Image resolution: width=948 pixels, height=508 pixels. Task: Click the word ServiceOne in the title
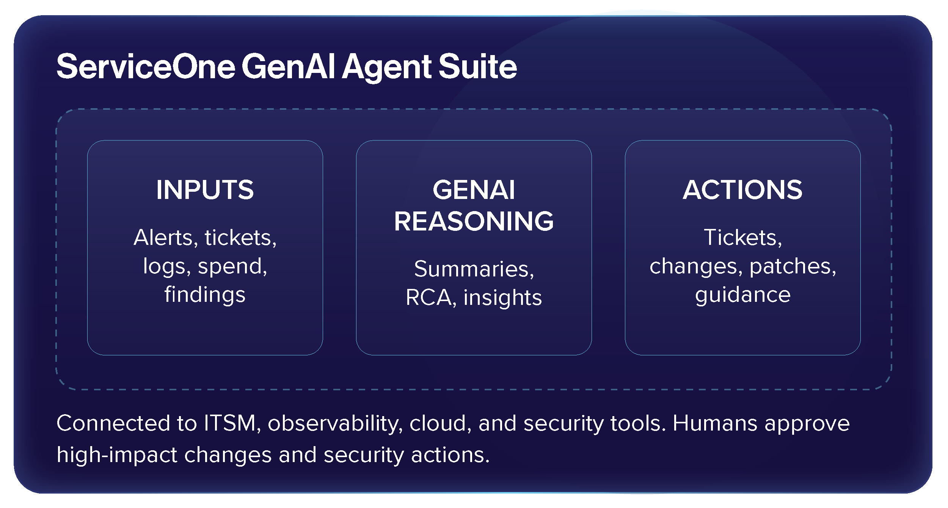(146, 66)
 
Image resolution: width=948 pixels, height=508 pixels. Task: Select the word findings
(205, 295)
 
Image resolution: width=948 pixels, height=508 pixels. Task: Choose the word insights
(502, 297)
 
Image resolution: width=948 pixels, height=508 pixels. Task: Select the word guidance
(742, 295)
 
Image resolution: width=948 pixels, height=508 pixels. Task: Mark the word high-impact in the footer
(117, 455)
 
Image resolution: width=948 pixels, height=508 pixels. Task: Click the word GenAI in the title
(288, 66)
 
